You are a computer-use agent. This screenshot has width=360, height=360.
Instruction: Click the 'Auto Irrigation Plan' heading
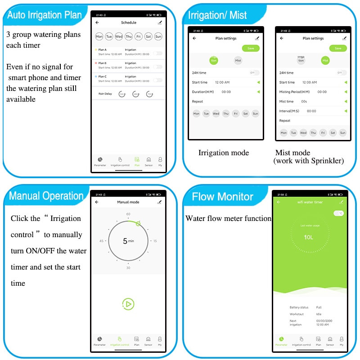coord(45,15)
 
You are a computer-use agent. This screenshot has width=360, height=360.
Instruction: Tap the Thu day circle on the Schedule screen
coord(128,36)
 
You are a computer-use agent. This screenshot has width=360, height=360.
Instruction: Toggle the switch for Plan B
coord(157,67)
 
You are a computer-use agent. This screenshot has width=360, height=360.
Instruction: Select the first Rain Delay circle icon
coord(122,94)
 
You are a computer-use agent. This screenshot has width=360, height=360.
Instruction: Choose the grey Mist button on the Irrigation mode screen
coord(238,60)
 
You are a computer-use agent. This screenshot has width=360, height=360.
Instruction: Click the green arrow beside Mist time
coord(345,102)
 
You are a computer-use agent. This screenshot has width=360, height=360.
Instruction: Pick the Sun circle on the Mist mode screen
coord(342,133)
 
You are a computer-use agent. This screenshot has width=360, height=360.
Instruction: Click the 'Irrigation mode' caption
coord(224,153)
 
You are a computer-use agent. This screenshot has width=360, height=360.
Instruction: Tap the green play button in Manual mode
coord(128,304)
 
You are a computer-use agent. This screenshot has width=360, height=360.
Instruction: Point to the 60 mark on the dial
coord(128,214)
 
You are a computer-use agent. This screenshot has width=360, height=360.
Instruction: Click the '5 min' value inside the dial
coord(128,241)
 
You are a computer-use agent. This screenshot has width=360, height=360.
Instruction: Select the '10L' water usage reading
coord(308,237)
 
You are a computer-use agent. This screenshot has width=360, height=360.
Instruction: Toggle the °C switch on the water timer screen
coord(338,213)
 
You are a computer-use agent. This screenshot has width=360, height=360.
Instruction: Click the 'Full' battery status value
coord(319,307)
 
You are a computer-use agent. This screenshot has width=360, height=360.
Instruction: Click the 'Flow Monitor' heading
coord(222,197)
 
